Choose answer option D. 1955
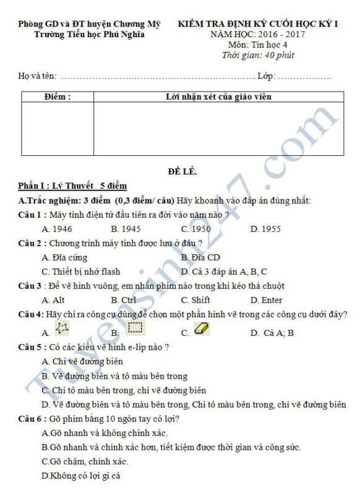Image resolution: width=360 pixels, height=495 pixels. click(x=265, y=229)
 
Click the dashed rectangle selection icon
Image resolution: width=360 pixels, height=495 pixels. click(x=135, y=327)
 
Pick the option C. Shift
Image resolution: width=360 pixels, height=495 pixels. click(x=195, y=300)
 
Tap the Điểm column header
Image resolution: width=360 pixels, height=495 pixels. click(x=58, y=97)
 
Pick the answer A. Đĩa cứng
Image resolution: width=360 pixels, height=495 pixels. click(x=64, y=257)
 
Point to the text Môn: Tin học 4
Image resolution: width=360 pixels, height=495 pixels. click(x=258, y=45)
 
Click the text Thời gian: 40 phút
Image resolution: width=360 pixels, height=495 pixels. click(x=258, y=56)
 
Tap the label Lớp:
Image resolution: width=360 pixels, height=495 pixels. click(x=266, y=76)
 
